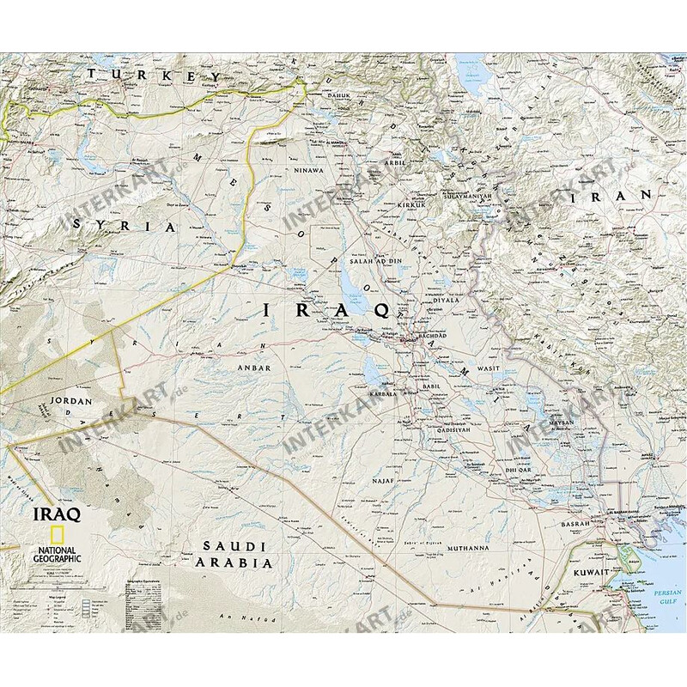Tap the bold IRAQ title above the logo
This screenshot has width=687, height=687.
tap(56, 514)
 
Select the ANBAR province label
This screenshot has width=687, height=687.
tap(258, 368)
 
